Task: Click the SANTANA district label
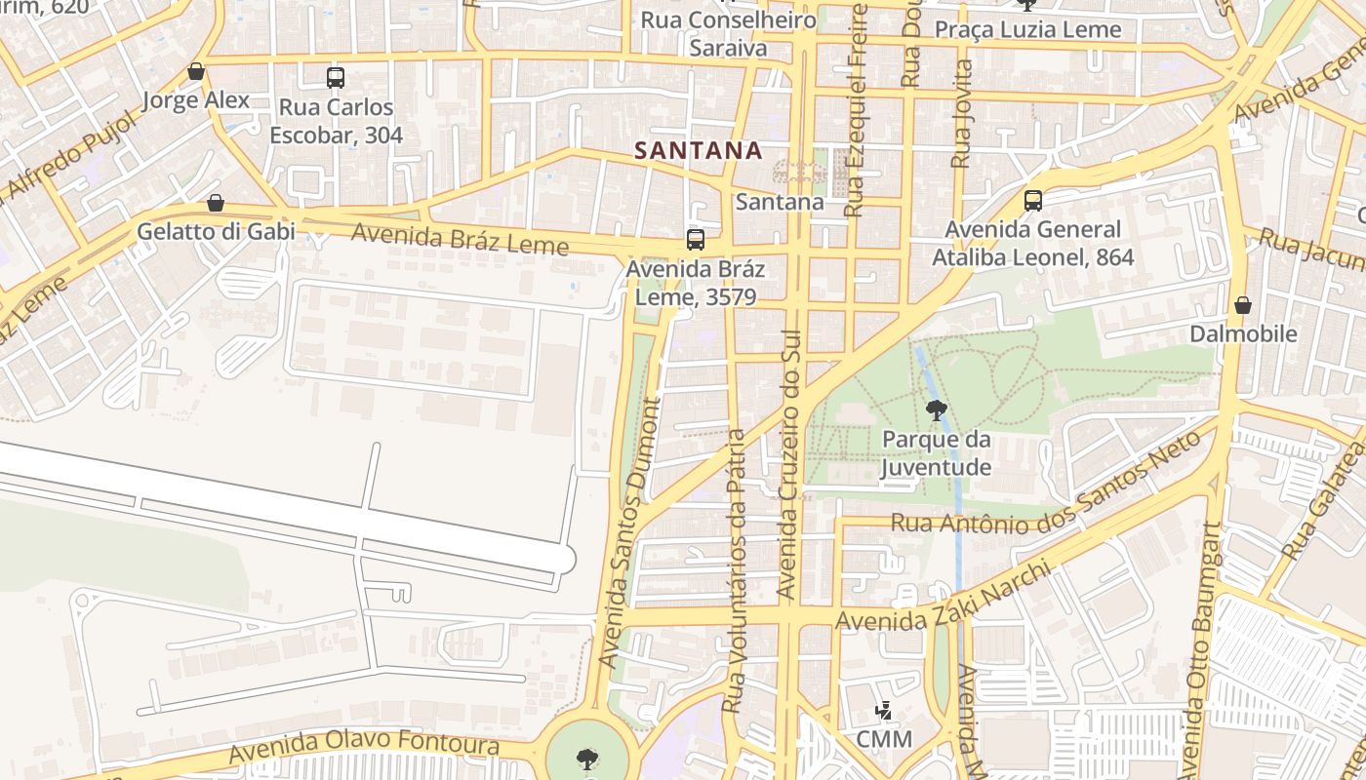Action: point(698,150)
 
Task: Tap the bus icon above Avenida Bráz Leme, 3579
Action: point(696,239)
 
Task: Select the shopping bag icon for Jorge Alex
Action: point(196,71)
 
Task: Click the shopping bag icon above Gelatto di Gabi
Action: point(216,203)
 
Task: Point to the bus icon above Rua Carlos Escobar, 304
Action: point(336,77)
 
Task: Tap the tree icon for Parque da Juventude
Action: point(937,410)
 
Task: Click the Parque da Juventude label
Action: point(937,453)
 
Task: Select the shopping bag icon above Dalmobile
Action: point(1243,305)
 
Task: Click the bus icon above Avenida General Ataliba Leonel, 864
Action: point(1033,201)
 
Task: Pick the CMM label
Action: point(884,739)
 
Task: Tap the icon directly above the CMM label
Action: point(884,711)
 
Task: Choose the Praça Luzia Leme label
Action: point(1028,30)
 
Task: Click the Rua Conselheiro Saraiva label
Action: point(728,34)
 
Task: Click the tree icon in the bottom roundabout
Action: point(587,759)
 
